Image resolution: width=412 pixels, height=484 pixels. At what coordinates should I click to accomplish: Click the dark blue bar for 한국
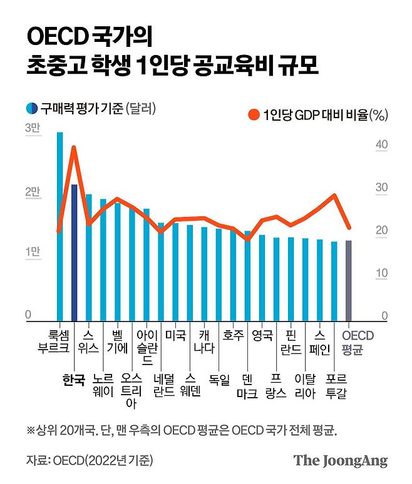tap(74, 252)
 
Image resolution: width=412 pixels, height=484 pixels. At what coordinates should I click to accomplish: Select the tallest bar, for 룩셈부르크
tap(60, 225)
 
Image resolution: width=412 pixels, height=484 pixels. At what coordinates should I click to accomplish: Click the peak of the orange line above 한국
tap(74, 148)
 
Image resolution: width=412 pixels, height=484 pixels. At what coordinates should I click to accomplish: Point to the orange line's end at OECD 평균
tap(349, 228)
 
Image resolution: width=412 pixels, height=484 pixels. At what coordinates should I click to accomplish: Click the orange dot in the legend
tap(254, 114)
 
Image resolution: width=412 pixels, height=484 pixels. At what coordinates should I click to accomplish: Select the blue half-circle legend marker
tap(31, 108)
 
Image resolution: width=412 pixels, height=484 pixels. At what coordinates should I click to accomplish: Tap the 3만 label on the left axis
tap(33, 128)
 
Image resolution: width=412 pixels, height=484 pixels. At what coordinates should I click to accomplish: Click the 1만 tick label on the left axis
tap(33, 251)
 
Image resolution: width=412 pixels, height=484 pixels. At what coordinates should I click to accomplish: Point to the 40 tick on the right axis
tap(381, 145)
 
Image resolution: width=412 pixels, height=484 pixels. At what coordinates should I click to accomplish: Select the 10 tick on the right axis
tap(381, 273)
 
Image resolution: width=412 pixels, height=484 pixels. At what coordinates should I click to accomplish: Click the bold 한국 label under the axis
tap(74, 380)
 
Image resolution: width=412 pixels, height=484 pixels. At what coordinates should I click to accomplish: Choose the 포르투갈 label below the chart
tap(334, 386)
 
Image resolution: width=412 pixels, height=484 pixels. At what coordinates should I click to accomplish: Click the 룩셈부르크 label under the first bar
tap(60, 342)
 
